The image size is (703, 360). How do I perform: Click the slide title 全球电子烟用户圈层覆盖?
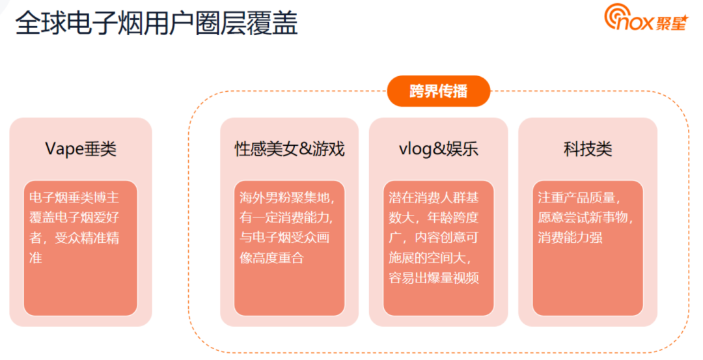[156, 23]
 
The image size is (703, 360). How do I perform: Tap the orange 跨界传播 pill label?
[439, 91]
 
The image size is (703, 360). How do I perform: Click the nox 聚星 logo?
[646, 18]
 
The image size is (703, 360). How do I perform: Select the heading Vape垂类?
[81, 149]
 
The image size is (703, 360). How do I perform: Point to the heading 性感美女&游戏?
[290, 149]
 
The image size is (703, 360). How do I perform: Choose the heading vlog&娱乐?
[439, 149]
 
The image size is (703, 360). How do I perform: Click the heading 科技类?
[588, 149]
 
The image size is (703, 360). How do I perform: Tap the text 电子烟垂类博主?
[74, 197]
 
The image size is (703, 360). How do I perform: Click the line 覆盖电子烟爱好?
[74, 217]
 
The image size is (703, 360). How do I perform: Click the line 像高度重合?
[271, 258]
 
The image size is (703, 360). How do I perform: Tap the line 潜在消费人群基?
[434, 197]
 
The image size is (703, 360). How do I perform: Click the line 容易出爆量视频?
[434, 278]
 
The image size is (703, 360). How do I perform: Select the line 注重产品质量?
[579, 197]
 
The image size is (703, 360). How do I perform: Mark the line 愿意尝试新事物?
[586, 217]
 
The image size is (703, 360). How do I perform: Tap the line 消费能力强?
[570, 238]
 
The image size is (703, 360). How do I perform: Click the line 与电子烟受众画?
[284, 238]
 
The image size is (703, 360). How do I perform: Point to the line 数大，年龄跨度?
[434, 217]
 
